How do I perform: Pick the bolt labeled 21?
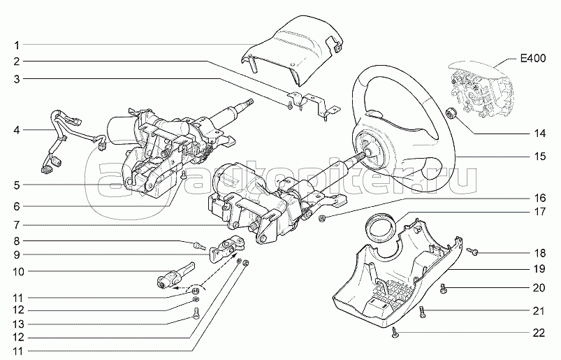pos(423,312)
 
